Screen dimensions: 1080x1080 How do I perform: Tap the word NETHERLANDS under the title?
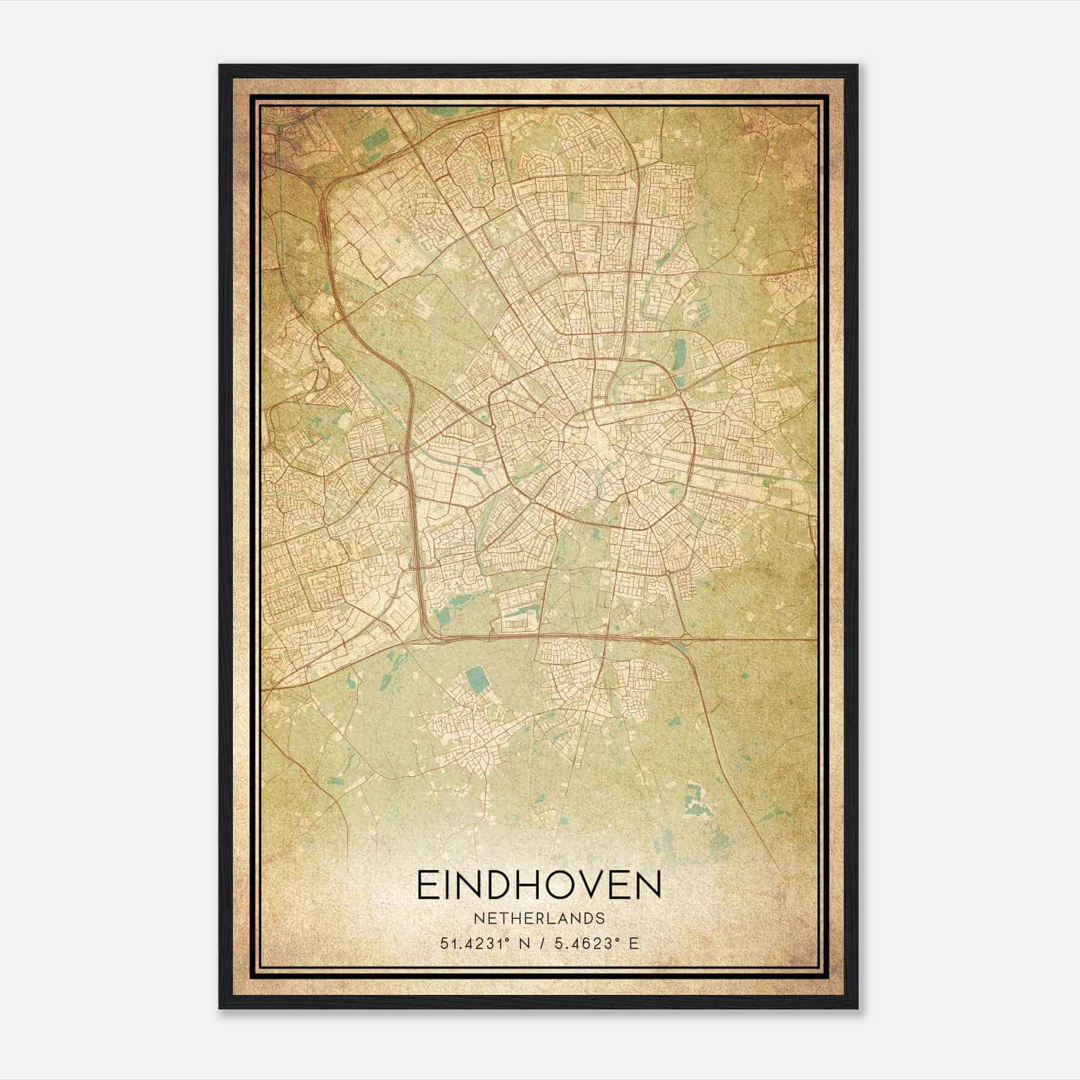pos(539,919)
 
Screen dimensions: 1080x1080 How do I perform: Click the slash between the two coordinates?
pos(541,943)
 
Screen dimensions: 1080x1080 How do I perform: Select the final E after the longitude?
pos(632,943)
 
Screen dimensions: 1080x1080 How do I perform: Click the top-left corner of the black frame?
pos(221,66)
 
